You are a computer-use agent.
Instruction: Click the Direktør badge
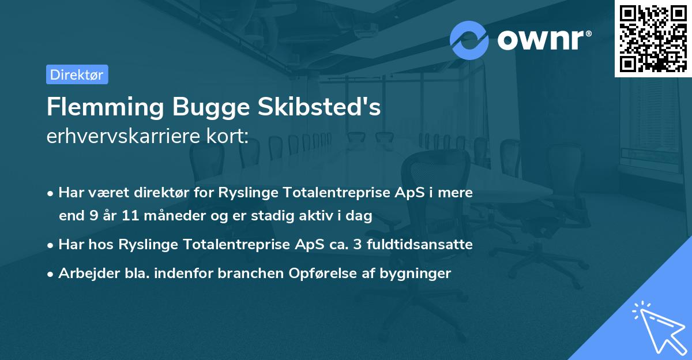click(77, 74)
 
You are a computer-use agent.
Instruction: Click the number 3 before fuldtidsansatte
click(358, 245)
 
